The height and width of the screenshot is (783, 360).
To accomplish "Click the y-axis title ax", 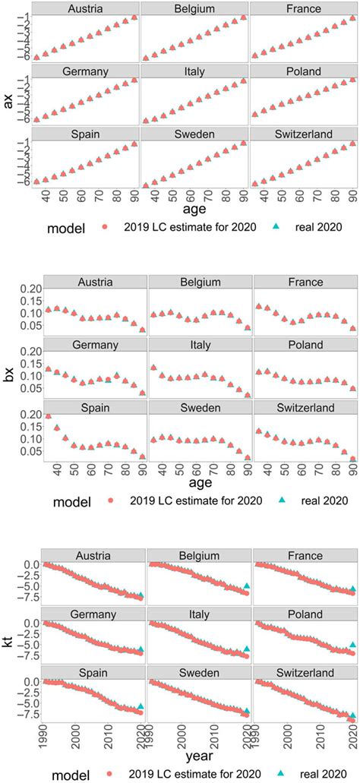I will pos(9,99).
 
